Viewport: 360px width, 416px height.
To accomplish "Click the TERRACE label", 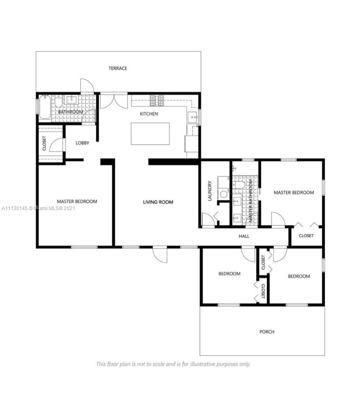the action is [118, 68].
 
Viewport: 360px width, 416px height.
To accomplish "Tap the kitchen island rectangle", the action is [150, 134].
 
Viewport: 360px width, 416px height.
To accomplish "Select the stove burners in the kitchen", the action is [157, 101].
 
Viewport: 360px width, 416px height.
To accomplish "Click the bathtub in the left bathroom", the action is [45, 107].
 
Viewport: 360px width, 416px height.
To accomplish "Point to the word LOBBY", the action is [82, 143].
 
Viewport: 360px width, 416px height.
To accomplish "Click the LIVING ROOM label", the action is [158, 202].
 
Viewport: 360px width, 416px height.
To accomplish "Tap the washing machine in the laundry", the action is [223, 194].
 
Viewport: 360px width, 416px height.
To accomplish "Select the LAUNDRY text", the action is [210, 191].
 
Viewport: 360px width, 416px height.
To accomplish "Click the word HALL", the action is [244, 236].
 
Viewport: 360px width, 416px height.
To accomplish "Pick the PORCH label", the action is [267, 331].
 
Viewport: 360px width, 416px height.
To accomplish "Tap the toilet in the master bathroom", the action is [240, 185].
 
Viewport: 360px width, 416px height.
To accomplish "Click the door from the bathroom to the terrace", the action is [87, 85].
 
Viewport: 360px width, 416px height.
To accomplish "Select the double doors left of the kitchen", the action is [113, 102].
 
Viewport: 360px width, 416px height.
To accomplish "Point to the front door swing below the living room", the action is [160, 255].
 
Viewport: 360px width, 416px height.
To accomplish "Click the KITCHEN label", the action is [149, 114].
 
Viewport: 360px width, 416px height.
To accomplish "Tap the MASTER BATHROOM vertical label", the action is [251, 201].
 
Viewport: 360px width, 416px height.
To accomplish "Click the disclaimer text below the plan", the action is [173, 364].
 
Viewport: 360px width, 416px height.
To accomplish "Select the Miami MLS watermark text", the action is [39, 208].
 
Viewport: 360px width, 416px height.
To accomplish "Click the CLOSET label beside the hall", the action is [306, 236].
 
